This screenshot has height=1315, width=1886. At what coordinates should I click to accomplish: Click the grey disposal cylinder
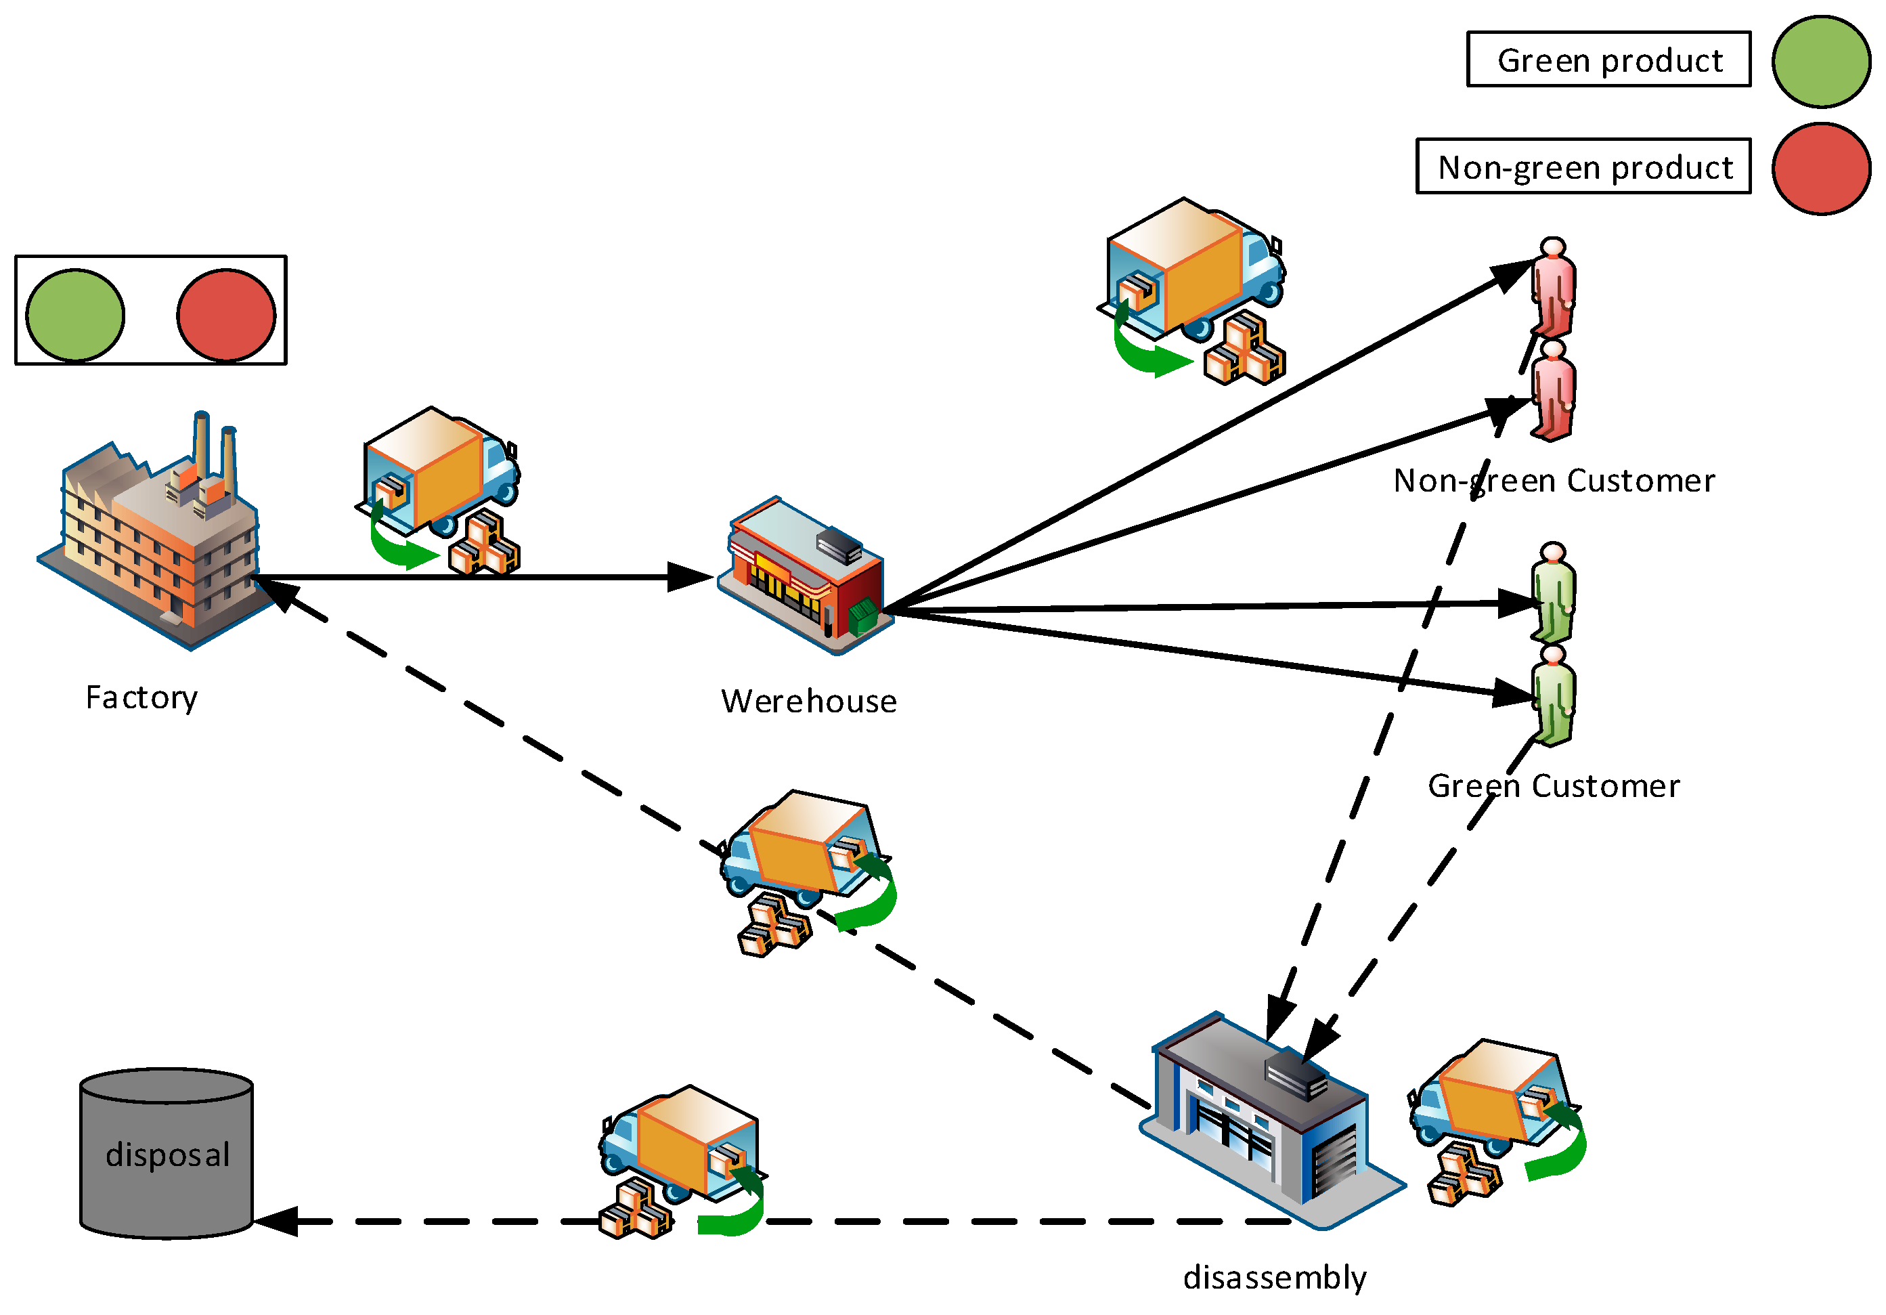coord(167,1154)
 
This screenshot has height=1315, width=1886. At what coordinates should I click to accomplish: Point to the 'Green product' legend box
coord(1608,59)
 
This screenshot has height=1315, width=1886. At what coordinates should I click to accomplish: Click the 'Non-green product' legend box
coord(1583,167)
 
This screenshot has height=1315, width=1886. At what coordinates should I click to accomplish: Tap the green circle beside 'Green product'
coord(1820,62)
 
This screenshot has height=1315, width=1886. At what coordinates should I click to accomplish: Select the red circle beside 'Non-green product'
coord(1820,169)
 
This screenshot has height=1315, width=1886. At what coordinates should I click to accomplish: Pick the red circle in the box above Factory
coord(226,316)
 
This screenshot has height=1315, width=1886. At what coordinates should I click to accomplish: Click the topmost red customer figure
coord(1552,288)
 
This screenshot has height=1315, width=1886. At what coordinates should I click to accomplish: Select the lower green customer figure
coord(1552,697)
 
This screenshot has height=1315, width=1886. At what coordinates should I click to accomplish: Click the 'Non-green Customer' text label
coord(1554,481)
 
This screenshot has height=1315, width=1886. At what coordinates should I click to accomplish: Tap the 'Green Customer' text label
coord(1554,787)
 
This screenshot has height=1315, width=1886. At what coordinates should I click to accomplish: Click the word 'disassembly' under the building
coord(1274,1278)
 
